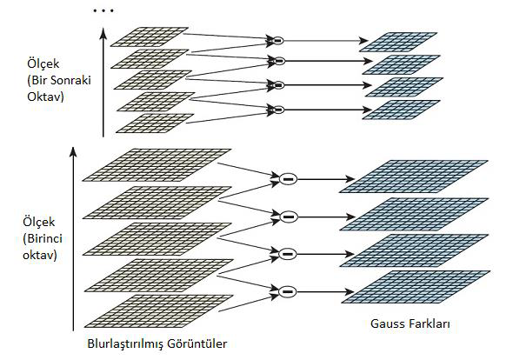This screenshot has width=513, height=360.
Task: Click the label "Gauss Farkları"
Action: pyautogui.click(x=410, y=323)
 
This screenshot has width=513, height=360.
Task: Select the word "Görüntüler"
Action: pyautogui.click(x=197, y=343)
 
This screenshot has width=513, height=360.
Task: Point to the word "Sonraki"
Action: pyautogui.click(x=71, y=80)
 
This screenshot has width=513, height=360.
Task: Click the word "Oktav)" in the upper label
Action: pyautogui.click(x=45, y=97)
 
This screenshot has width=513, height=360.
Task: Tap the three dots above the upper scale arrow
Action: pyautogui.click(x=103, y=10)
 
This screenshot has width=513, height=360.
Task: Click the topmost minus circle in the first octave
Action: pyautogui.click(x=288, y=178)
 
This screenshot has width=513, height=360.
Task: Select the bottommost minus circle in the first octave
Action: pyautogui.click(x=287, y=291)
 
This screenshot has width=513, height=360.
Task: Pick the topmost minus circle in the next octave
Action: pyautogui.click(x=277, y=40)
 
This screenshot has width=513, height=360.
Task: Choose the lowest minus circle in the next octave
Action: pyautogui.click(x=278, y=110)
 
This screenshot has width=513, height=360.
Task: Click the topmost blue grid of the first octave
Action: pyautogui.click(x=414, y=177)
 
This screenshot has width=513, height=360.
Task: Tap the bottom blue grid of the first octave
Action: pyautogui.click(x=416, y=287)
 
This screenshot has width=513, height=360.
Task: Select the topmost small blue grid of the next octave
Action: pyautogui.click(x=398, y=43)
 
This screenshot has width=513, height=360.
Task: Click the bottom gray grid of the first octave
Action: pyautogui.click(x=159, y=311)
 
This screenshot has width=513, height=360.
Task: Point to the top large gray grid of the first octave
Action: pyautogui.click(x=157, y=165)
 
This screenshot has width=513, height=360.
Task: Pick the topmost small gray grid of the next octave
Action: pyautogui.click(x=150, y=37)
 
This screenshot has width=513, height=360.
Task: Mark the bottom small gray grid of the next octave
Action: pyautogui.click(x=155, y=123)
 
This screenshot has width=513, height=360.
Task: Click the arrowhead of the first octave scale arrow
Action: pyautogui.click(x=73, y=151)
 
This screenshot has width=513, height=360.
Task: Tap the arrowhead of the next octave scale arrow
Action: pyautogui.click(x=103, y=33)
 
